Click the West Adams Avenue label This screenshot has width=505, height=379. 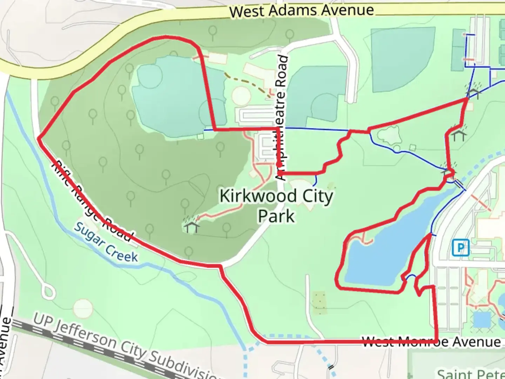point(302,11)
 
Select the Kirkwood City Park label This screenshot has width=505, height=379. point(276,206)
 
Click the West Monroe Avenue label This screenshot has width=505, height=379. point(431,341)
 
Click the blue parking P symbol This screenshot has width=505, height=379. point(460,248)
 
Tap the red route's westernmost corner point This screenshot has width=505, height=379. point(39,138)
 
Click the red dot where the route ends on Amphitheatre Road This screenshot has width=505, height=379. point(279,164)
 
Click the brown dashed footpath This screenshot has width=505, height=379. point(245,81)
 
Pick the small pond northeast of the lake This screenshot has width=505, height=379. point(389,135)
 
